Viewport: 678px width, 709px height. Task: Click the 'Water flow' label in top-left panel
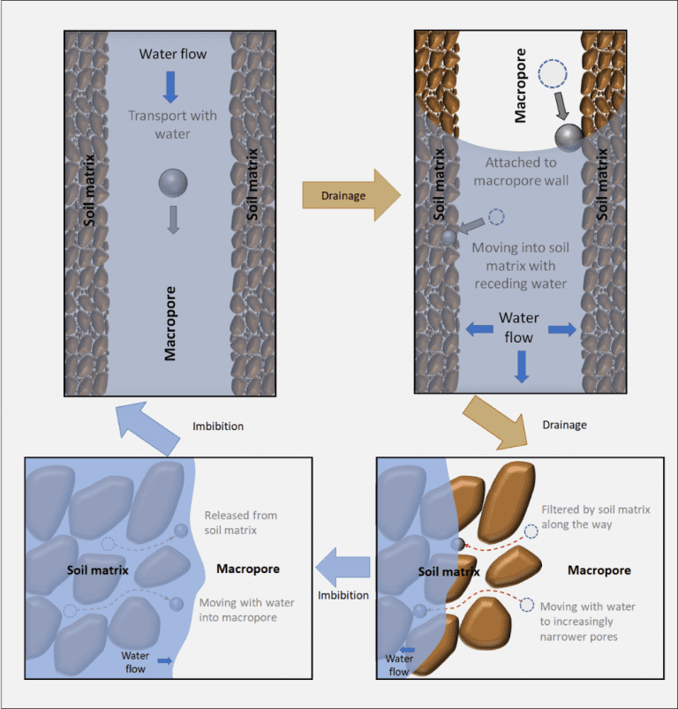pos(172,55)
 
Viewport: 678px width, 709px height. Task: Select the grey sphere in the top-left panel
pos(173,183)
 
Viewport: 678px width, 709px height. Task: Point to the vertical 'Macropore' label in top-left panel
pos(172,323)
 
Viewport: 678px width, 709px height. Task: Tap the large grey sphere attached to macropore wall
pos(569,137)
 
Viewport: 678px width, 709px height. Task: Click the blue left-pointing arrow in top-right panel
pos(479,328)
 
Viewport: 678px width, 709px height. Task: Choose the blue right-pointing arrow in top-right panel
pos(561,328)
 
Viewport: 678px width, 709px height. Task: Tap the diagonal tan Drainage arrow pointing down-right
pos(497,419)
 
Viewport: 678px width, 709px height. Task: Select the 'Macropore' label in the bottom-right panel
pos(599,570)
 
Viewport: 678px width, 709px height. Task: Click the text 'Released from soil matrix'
pos(239,523)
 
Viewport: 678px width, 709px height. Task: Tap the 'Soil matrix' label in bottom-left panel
pos(98,570)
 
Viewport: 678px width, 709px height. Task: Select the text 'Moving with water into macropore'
pos(246,609)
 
